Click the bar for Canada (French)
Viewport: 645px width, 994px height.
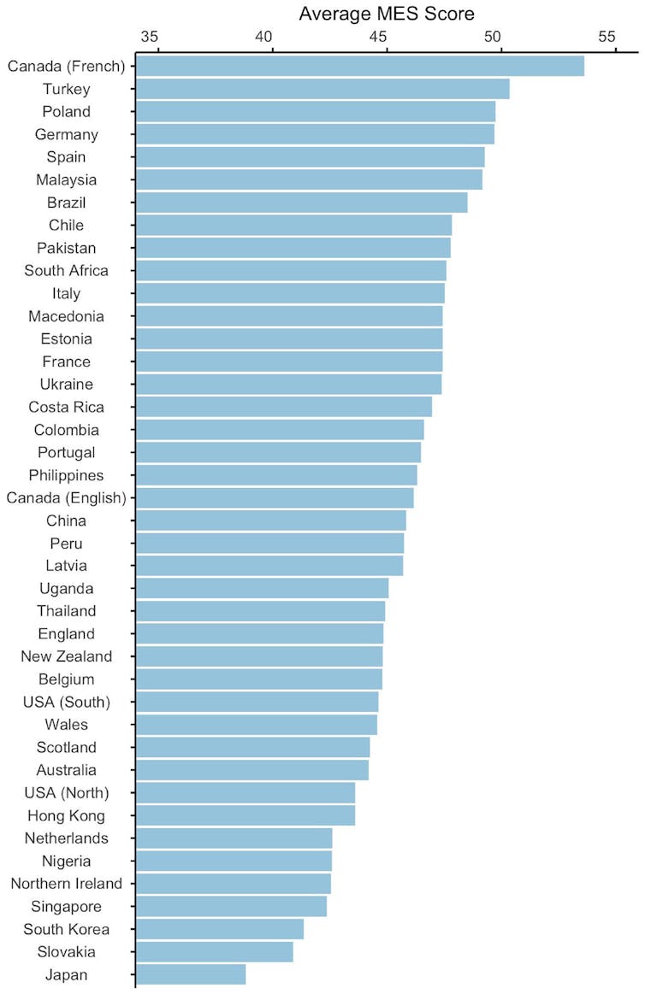click(359, 66)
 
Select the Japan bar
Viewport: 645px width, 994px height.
click(191, 974)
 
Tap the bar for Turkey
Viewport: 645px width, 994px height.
click(322, 89)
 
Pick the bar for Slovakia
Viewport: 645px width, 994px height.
click(214, 951)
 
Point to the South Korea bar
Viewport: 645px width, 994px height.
click(220, 929)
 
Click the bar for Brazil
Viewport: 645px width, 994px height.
click(301, 203)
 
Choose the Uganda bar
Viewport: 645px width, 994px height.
click(262, 588)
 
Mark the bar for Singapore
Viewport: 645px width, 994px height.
click(231, 906)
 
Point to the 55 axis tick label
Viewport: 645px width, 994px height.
click(607, 37)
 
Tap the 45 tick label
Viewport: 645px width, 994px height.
click(378, 37)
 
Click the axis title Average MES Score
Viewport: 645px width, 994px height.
click(387, 14)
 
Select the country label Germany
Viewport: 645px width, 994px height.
click(67, 134)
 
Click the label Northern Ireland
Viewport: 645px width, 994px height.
click(67, 884)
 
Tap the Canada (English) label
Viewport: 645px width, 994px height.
click(67, 497)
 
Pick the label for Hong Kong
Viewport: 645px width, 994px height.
click(67, 815)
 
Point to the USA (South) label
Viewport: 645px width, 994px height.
click(67, 702)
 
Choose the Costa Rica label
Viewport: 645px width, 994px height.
click(67, 407)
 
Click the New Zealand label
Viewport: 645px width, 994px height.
click(67, 656)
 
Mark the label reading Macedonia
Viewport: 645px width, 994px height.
click(67, 316)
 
